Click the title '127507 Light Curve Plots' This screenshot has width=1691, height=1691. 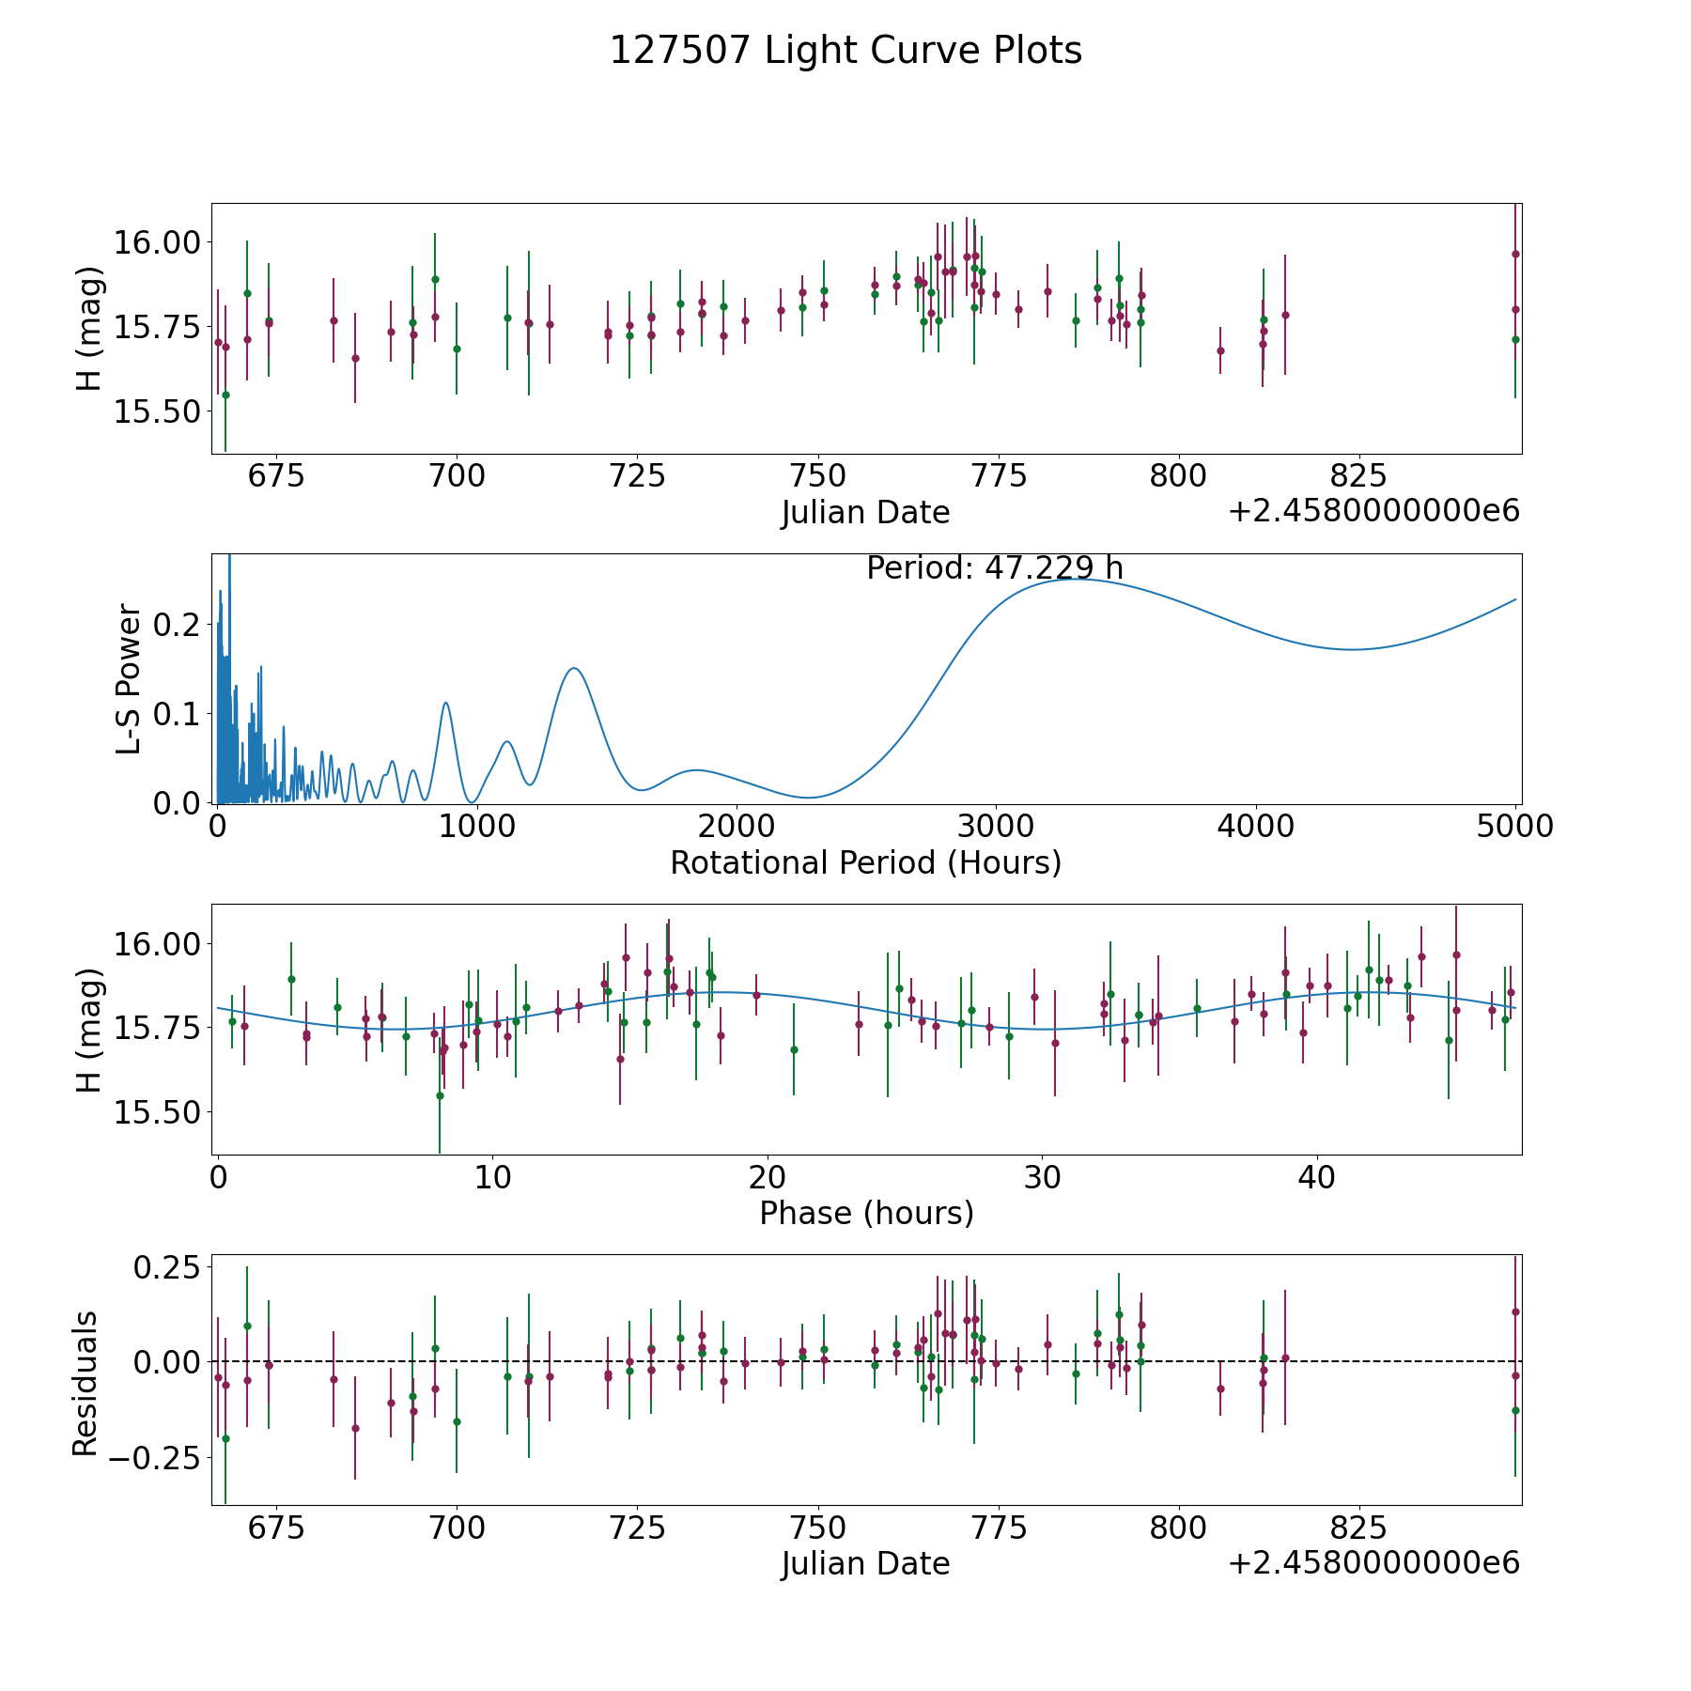[845, 51]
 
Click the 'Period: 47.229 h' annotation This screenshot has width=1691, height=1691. [994, 568]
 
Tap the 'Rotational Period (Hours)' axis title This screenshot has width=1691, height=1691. [865, 862]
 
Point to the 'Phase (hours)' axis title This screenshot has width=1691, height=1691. [866, 1213]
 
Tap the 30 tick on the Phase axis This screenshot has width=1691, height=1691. [1043, 1177]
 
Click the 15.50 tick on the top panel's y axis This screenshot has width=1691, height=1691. [157, 411]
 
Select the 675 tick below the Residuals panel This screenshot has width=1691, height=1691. [276, 1528]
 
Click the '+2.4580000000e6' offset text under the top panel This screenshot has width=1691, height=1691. [1373, 511]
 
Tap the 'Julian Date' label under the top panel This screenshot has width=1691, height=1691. [865, 513]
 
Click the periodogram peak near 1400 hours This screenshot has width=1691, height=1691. [572, 668]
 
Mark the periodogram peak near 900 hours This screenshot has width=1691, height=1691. [445, 703]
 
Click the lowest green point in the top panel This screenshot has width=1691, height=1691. [225, 395]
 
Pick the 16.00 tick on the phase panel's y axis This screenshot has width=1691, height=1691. [157, 943]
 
